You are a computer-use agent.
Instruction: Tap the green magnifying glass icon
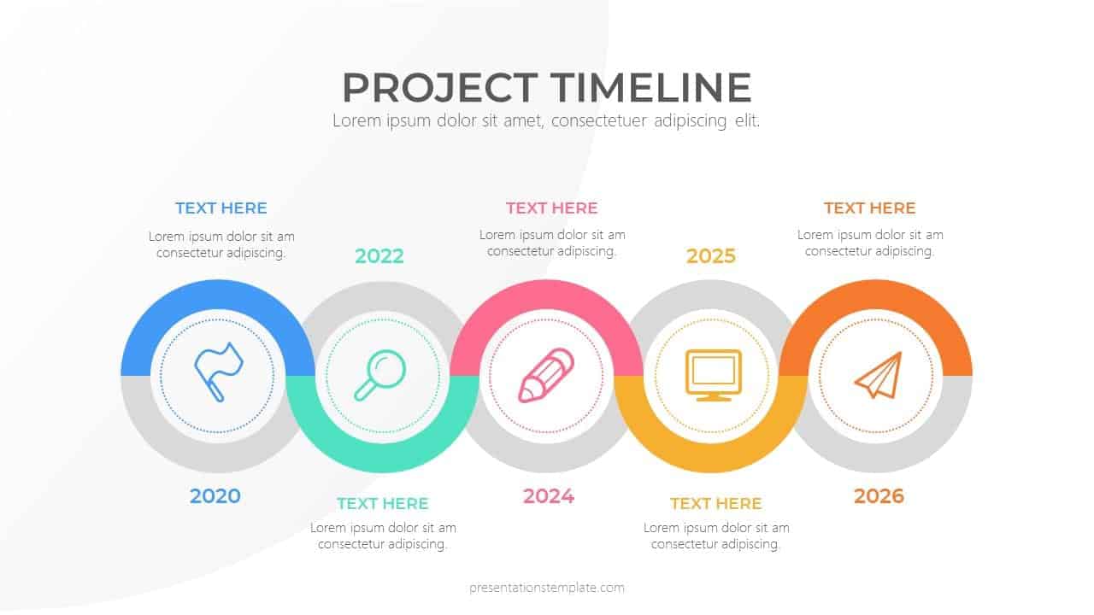click(x=379, y=375)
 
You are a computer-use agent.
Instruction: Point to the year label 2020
click(x=215, y=496)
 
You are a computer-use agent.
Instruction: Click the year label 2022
click(x=379, y=256)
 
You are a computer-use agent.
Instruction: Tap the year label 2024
click(x=549, y=496)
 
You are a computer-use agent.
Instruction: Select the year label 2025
click(x=711, y=256)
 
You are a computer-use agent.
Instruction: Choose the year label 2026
click(x=879, y=496)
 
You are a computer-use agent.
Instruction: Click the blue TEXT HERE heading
click(x=221, y=208)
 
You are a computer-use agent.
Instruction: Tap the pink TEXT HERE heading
click(x=551, y=208)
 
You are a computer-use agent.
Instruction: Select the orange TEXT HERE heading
click(x=869, y=208)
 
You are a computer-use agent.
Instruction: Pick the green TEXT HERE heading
click(x=382, y=503)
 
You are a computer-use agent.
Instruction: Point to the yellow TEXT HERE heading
click(x=715, y=503)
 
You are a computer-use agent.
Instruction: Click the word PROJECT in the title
click(x=439, y=88)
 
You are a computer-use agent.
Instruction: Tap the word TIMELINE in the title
click(x=650, y=88)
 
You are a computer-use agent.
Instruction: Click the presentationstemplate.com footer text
click(x=547, y=588)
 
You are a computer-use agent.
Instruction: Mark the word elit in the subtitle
click(x=747, y=120)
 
